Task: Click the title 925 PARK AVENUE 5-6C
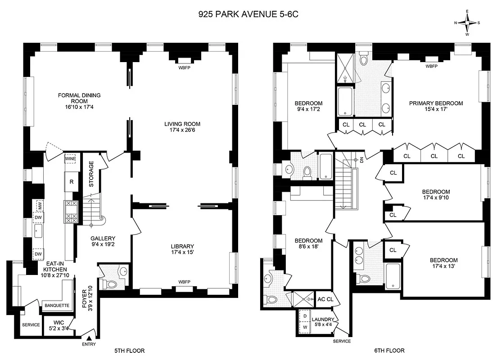coord(248,14)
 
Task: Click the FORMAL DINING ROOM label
coord(79,98)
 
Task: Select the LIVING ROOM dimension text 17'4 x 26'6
coord(182,131)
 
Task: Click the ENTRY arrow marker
coord(89,338)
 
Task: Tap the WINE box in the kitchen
coord(70,159)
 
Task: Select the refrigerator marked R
coord(71,182)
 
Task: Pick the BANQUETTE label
coord(56,306)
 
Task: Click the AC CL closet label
coord(325,299)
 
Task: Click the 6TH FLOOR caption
coord(389,351)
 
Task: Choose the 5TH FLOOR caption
coord(129,351)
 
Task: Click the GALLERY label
coord(103,238)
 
